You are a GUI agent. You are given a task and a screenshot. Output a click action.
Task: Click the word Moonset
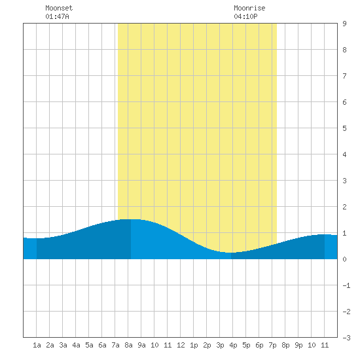click(x=59, y=8)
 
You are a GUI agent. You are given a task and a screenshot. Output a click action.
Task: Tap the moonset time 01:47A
click(x=57, y=16)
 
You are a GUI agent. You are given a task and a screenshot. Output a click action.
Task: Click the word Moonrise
click(x=249, y=8)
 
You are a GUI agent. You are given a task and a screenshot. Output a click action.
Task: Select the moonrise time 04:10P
click(x=245, y=16)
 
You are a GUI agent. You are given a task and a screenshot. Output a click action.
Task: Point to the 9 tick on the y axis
click(x=344, y=24)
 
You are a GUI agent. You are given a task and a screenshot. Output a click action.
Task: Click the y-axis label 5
click(x=344, y=128)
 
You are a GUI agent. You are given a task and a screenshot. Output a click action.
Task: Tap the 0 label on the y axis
click(x=344, y=259)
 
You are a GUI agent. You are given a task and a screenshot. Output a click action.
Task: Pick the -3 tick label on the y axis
click(x=346, y=338)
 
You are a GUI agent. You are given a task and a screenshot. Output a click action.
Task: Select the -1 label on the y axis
click(x=346, y=285)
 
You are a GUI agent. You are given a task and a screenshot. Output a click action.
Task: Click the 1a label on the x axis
click(x=37, y=345)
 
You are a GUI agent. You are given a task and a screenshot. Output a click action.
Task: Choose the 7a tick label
click(x=115, y=345)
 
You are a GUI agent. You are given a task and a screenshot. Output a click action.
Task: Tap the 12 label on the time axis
click(x=181, y=345)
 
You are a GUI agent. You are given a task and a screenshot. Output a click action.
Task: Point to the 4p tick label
click(x=233, y=345)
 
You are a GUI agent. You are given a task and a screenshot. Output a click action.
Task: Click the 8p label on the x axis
click(x=285, y=345)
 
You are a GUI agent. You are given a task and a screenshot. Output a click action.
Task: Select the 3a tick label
click(x=63, y=345)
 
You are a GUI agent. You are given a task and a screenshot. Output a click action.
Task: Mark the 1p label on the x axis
click(x=194, y=345)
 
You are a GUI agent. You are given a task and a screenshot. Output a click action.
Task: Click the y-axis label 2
click(x=344, y=207)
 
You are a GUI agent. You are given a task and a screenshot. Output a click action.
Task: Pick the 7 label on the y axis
click(x=344, y=76)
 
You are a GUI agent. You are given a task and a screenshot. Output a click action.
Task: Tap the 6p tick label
click(x=259, y=345)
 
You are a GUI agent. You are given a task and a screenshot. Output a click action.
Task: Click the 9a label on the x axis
click(x=141, y=345)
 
